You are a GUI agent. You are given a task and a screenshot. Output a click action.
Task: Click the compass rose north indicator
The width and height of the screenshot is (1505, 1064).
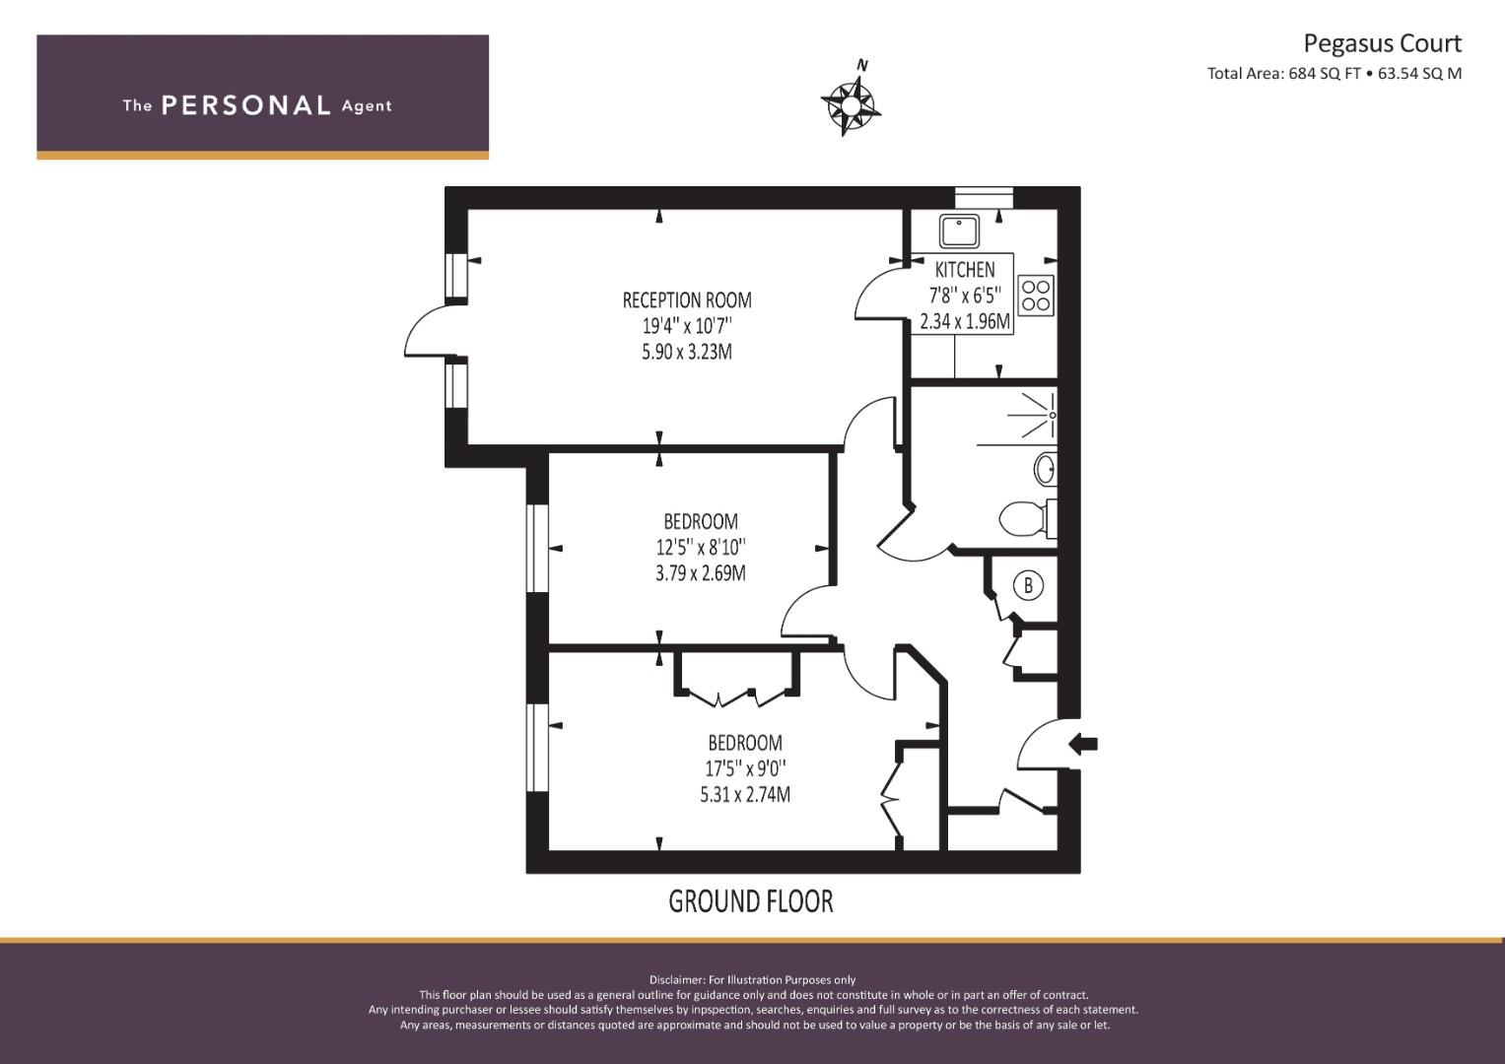[x=851, y=101]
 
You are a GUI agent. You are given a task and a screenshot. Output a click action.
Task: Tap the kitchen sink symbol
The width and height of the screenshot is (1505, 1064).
[x=959, y=231]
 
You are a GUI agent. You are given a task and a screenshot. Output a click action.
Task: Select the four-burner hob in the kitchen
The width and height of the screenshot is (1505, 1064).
[x=1036, y=296]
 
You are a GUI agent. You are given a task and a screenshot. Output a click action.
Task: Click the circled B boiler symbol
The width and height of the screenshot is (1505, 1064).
[x=1027, y=585]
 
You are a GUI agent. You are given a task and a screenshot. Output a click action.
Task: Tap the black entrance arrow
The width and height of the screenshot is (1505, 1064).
[x=1083, y=744]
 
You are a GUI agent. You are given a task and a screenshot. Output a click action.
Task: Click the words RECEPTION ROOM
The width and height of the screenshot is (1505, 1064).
[x=687, y=299]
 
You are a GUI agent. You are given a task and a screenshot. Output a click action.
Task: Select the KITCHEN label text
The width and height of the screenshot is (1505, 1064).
[x=965, y=269]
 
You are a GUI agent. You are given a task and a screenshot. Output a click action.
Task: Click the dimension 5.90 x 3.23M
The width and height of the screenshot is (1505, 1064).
[x=687, y=352]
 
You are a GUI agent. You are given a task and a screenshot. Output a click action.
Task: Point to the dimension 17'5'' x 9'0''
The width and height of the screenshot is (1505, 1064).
[x=745, y=767]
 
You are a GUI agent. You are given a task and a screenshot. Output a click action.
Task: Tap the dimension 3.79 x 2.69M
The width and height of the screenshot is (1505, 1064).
[x=701, y=573]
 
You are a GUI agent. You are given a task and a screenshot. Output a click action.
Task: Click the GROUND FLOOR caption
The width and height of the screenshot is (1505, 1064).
[x=750, y=901]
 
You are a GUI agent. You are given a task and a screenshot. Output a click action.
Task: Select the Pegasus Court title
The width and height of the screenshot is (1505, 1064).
[x=1382, y=43]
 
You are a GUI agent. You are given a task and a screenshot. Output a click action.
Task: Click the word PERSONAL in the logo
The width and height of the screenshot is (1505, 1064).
[x=246, y=105]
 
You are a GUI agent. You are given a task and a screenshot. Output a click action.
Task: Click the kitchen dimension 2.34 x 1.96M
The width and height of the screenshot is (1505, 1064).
[x=965, y=321]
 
